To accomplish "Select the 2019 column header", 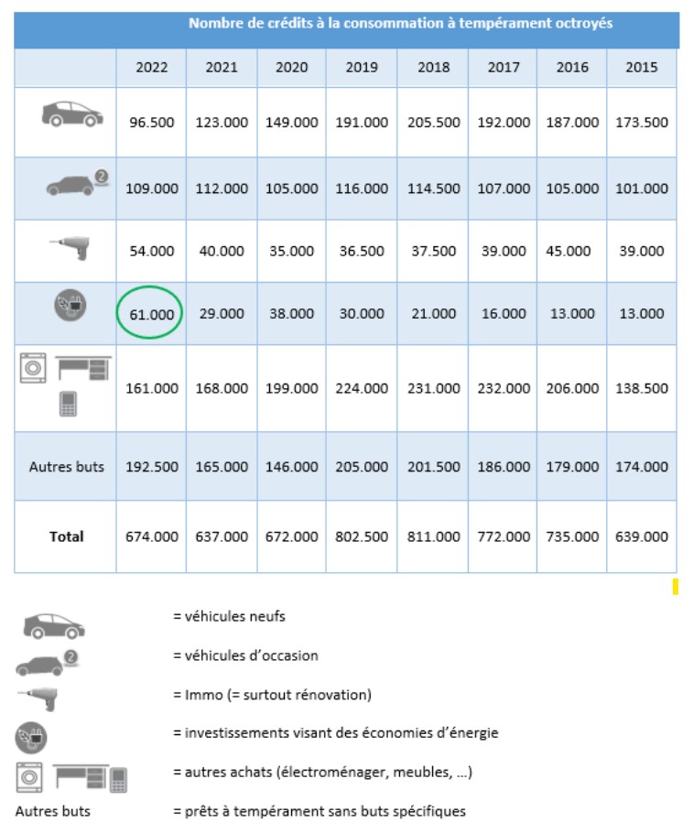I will (x=363, y=68).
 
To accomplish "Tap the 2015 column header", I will (x=641, y=68).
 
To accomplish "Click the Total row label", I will (x=66, y=536).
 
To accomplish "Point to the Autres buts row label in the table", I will (x=66, y=466).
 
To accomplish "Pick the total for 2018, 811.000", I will (x=432, y=536).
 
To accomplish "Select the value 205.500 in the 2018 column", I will (x=432, y=122).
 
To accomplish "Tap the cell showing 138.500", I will (x=641, y=388).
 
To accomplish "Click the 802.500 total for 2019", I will (x=363, y=536).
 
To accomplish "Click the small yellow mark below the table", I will (x=675, y=586).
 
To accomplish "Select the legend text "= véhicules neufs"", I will (x=229, y=616).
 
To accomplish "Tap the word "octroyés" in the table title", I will (x=585, y=23).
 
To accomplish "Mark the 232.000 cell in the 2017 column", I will (x=503, y=388).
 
